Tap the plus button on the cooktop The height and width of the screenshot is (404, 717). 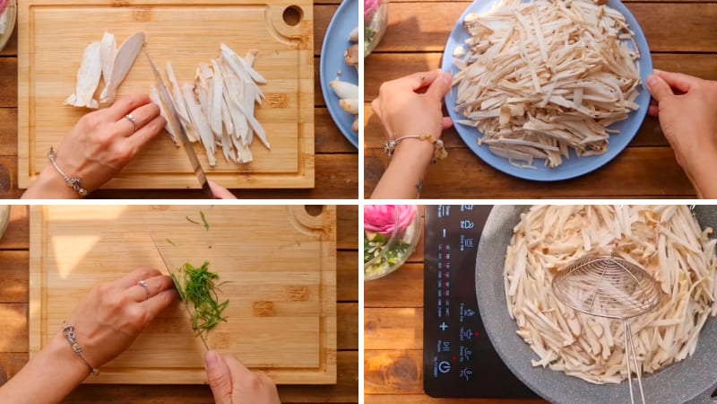pyautogui.click(x=443, y=327)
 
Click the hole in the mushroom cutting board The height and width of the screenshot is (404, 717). pyautogui.click(x=292, y=15)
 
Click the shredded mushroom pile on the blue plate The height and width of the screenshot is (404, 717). pyautogui.click(x=547, y=81)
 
